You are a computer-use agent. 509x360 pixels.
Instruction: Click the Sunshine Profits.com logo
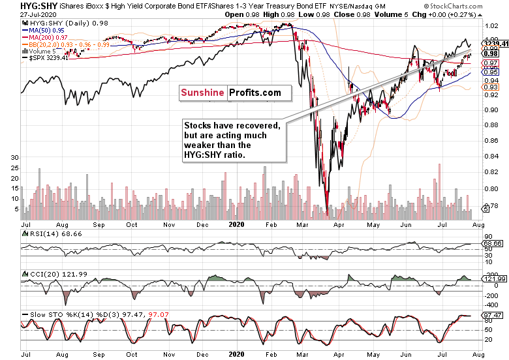tap(231, 93)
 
